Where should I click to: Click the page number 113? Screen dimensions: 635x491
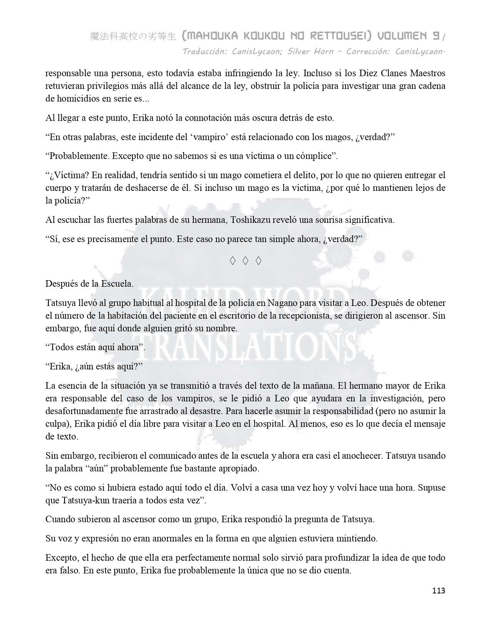coord(439,591)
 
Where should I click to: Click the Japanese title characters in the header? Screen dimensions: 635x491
coord(133,37)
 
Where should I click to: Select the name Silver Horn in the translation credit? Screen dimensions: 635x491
coord(310,52)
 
